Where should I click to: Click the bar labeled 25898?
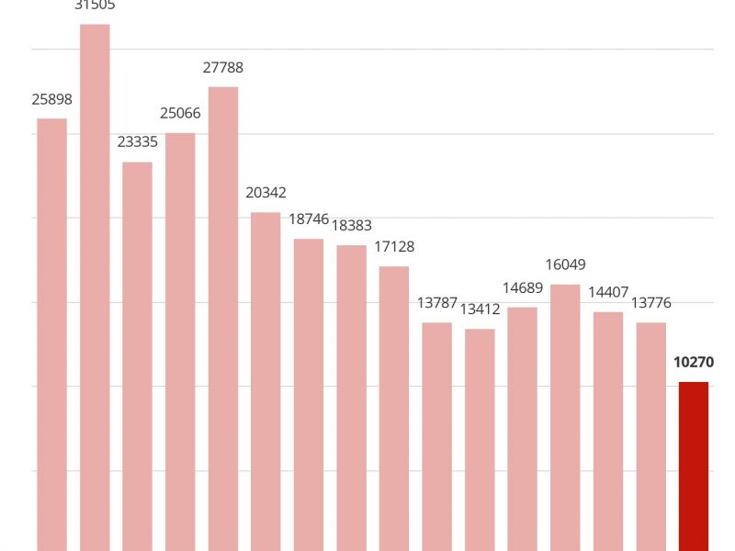coord(51,335)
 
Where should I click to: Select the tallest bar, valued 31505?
coord(95,287)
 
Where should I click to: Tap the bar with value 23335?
coord(138,356)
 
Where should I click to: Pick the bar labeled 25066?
coord(180,342)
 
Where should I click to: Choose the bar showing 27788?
coord(223,319)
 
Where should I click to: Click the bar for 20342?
coord(266,381)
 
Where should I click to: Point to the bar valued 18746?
coord(309,395)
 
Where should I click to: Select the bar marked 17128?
coord(394,409)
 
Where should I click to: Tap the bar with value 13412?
coord(480,440)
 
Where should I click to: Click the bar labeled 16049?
coord(565,418)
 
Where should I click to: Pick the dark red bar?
coord(694,467)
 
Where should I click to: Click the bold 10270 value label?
coord(694,362)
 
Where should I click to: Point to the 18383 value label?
coord(351,225)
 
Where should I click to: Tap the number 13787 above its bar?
coord(436,302)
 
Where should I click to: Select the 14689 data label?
coord(522,287)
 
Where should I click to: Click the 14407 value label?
coord(607,292)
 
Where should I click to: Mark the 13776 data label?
coord(650,302)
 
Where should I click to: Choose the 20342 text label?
coord(266,193)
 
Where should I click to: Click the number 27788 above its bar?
coord(223,67)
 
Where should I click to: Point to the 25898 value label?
coord(51,99)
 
